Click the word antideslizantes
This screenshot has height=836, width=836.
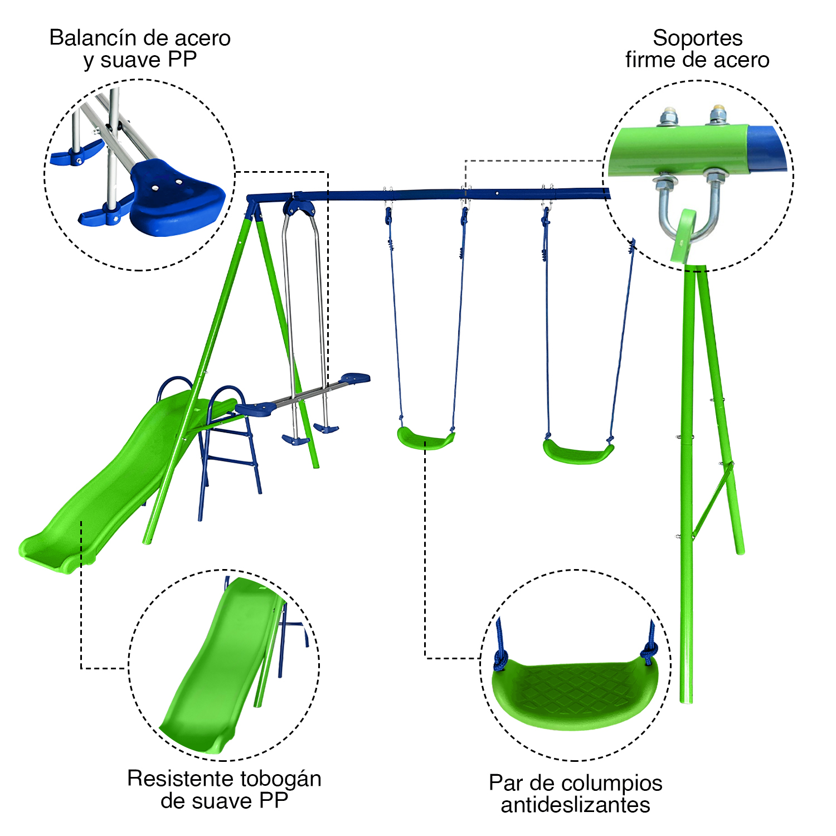[575, 805]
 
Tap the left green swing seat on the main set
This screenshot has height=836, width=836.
[425, 438]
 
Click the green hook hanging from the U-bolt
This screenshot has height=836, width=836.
[683, 237]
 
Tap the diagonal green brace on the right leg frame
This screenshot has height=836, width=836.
[711, 501]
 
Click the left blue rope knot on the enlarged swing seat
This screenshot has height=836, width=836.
[500, 660]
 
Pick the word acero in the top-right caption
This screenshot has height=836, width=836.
[741, 60]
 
